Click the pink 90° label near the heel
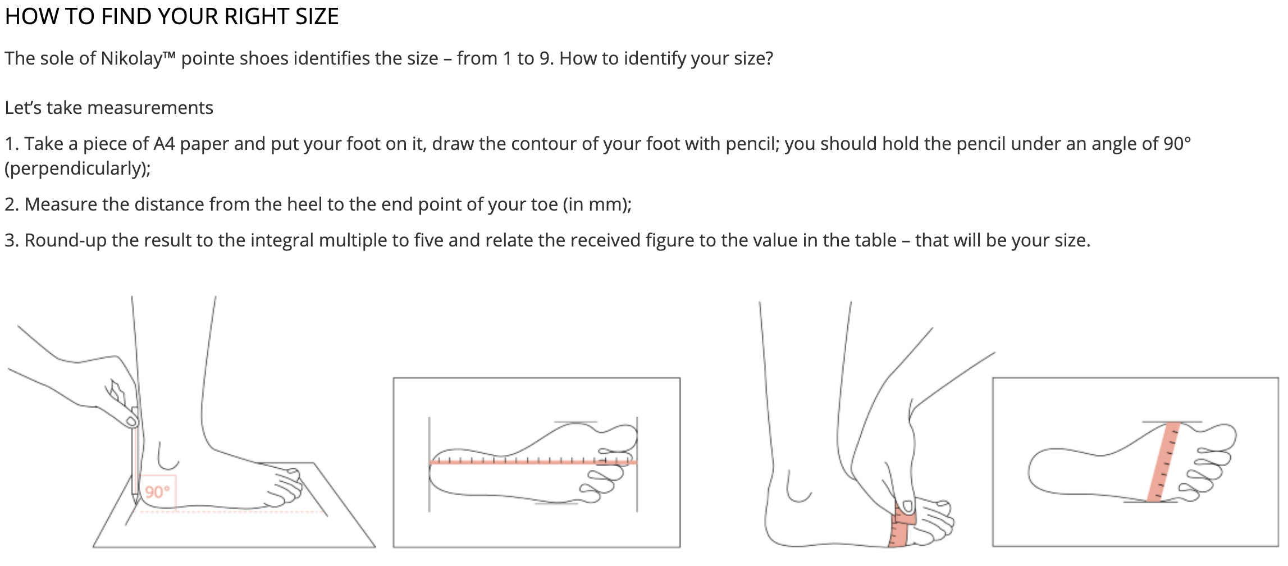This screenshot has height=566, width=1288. (x=157, y=492)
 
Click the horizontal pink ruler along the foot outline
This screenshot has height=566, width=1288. (x=533, y=462)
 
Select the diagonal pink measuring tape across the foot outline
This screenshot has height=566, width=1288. (x=1163, y=462)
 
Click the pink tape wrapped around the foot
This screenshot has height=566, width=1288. (x=901, y=526)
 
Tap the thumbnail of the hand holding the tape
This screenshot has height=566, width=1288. (x=905, y=506)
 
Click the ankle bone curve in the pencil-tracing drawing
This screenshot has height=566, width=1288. (x=167, y=458)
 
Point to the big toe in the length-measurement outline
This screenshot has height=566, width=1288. (x=620, y=435)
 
